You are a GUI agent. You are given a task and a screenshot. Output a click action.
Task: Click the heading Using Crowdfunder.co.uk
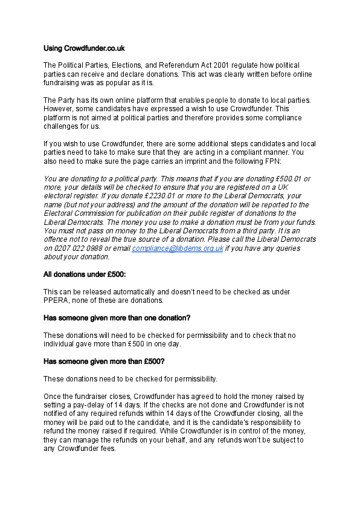[x=85, y=47]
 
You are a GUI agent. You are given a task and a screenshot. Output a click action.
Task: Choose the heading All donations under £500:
[x=85, y=274]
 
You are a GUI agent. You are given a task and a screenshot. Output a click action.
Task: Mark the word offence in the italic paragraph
[x=58, y=239]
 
